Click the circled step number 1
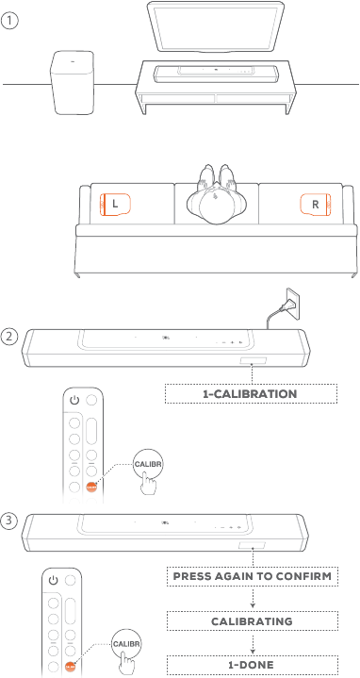tap(9, 21)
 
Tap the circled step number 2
tap(9, 336)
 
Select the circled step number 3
tap(9, 521)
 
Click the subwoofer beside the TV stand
tap(73, 83)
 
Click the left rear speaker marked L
tap(115, 204)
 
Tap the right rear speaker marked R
tap(316, 204)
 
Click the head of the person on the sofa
tap(216, 204)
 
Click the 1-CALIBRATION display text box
tap(251, 394)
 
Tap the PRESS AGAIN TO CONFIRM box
tap(253, 576)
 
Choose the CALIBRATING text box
tap(253, 621)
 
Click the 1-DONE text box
tap(253, 664)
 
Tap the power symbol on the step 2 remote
tap(74, 401)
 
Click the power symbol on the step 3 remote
tap(53, 580)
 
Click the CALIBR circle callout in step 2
tap(149, 464)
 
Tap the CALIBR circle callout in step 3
tap(126, 644)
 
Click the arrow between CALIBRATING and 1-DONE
tap(253, 643)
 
